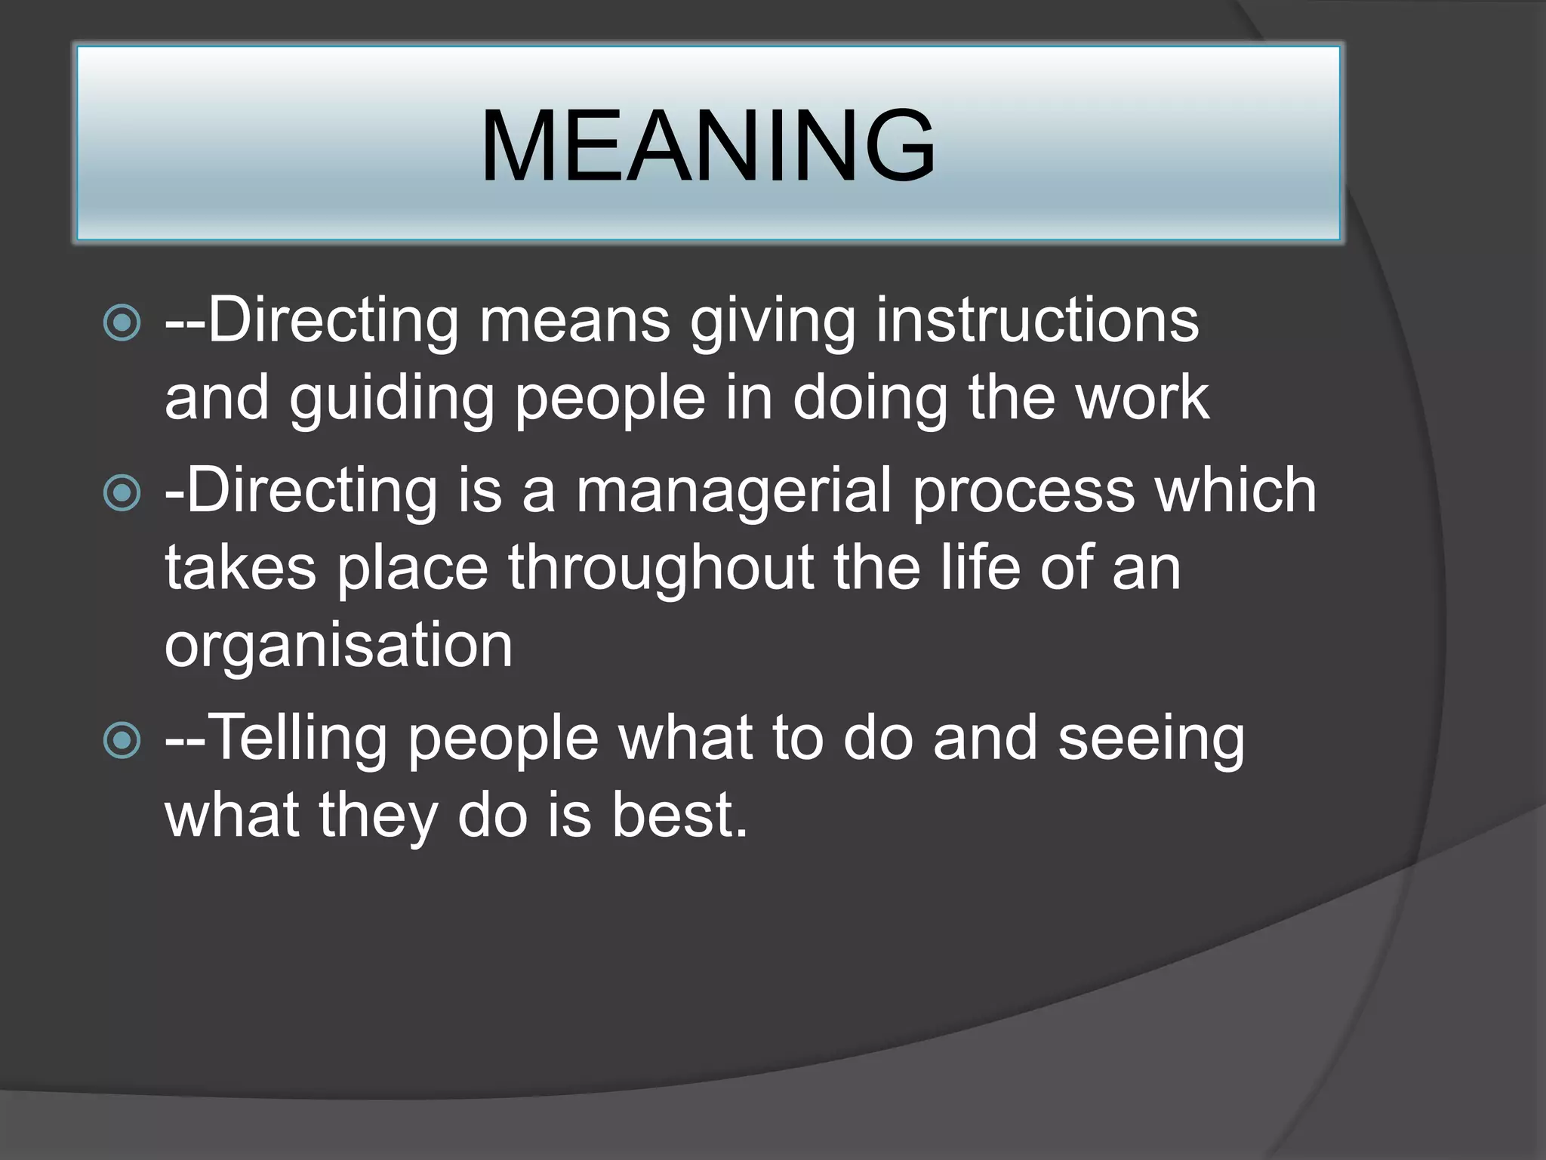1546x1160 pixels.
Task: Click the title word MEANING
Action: [x=707, y=146]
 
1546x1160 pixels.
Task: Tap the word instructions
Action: [x=1037, y=320]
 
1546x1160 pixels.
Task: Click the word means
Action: [x=574, y=320]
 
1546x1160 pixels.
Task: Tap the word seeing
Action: [x=1150, y=740]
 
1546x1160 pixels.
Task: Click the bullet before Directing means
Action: [x=122, y=323]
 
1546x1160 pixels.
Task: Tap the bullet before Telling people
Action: [x=122, y=740]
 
